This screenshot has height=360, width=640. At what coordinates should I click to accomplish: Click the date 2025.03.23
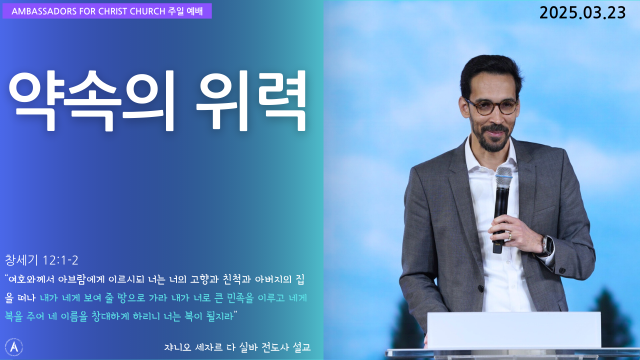(x=582, y=13)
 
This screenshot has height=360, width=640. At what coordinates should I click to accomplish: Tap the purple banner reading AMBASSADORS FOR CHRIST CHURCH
(x=107, y=11)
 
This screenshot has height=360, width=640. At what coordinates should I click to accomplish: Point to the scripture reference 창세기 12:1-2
(x=41, y=260)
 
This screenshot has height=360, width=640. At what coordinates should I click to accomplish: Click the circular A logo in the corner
(x=14, y=347)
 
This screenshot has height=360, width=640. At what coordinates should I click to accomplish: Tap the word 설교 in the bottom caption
(x=301, y=347)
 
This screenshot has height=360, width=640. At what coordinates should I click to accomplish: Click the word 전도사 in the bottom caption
(x=274, y=347)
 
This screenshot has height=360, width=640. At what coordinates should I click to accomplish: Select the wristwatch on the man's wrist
(x=547, y=245)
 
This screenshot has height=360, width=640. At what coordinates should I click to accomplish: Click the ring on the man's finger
(x=509, y=235)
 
